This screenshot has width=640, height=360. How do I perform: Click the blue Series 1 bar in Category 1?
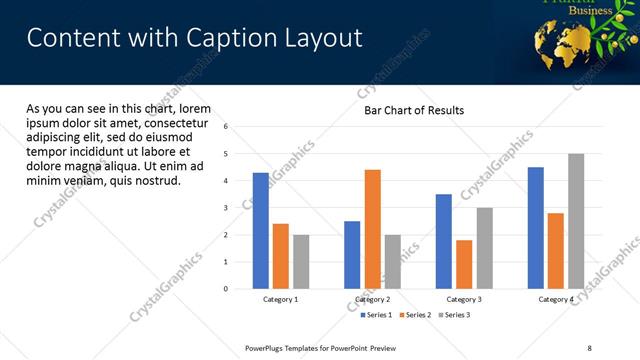click(x=261, y=231)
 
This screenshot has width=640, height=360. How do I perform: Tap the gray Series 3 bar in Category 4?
click(x=576, y=221)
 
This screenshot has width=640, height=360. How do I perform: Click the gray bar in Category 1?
click(x=301, y=262)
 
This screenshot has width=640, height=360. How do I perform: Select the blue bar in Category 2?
click(x=352, y=255)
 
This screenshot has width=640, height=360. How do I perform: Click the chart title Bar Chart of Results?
click(x=413, y=110)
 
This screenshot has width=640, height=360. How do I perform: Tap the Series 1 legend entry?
click(x=376, y=315)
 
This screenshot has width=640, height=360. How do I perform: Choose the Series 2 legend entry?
click(x=416, y=315)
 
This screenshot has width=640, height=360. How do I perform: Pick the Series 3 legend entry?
click(x=455, y=315)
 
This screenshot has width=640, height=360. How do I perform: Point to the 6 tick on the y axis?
click(x=226, y=127)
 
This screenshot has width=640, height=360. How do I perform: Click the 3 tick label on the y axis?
click(x=226, y=208)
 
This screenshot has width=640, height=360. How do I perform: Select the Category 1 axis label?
click(x=281, y=299)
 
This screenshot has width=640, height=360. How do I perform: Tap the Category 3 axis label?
click(x=464, y=299)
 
